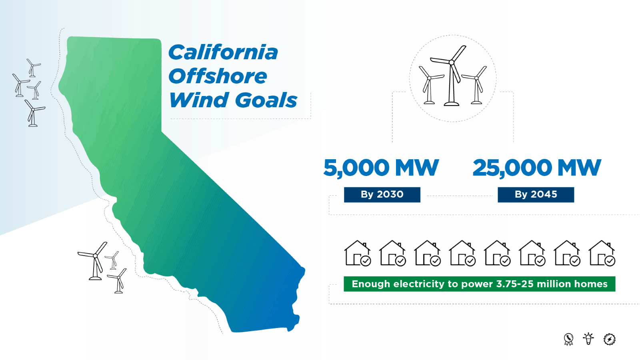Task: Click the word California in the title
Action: (x=223, y=52)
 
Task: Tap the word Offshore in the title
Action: (x=218, y=76)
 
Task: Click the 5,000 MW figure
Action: (x=381, y=168)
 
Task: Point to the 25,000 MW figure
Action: (x=536, y=168)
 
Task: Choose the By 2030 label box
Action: (x=382, y=194)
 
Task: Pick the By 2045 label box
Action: (x=536, y=194)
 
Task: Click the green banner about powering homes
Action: (x=479, y=284)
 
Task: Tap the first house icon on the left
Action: (x=357, y=253)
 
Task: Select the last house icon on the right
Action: (x=602, y=253)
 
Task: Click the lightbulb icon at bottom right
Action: (x=588, y=339)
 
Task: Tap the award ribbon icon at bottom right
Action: (x=568, y=339)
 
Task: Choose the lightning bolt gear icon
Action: (x=609, y=339)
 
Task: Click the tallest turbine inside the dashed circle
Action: (x=452, y=76)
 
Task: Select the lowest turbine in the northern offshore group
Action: (x=33, y=114)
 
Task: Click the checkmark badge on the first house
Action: (x=366, y=261)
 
